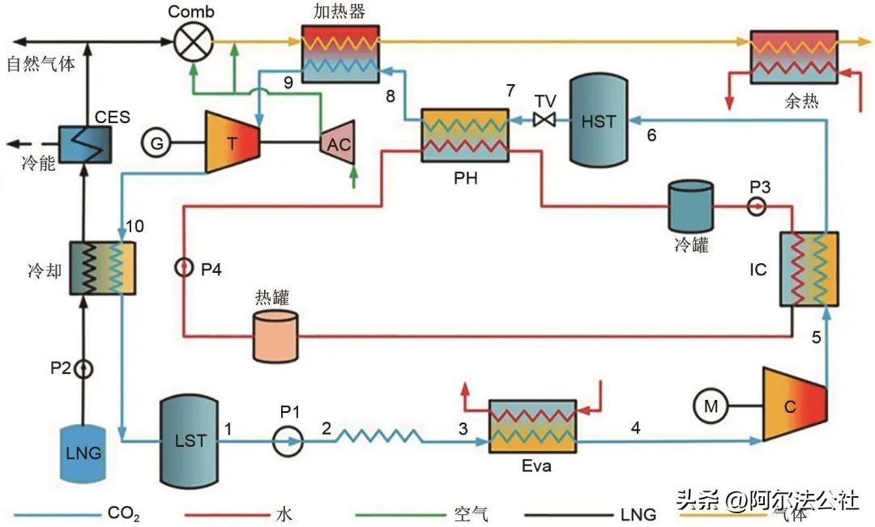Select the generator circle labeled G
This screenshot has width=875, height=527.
pyautogui.click(x=156, y=142)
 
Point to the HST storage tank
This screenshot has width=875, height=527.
pyautogui.click(x=598, y=122)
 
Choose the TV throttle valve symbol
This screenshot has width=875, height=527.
pyautogui.click(x=543, y=121)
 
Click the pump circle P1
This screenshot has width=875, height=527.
pyautogui.click(x=288, y=441)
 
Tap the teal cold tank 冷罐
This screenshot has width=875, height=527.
pyautogui.click(x=689, y=206)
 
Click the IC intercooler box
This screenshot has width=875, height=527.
pyautogui.click(x=809, y=270)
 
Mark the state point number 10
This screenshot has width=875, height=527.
pyautogui.click(x=135, y=226)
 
